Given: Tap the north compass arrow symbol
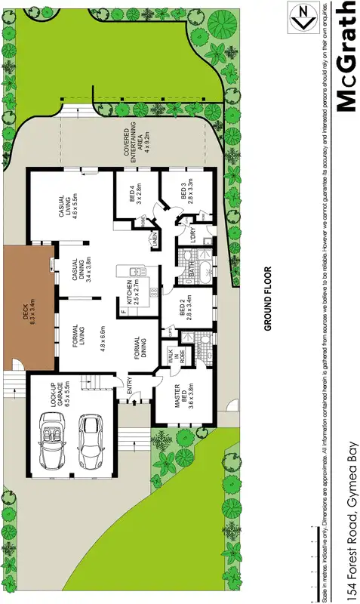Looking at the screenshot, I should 302,15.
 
